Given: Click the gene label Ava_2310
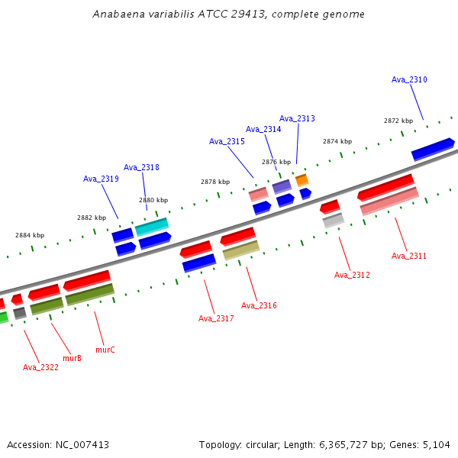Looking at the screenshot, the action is [409, 79].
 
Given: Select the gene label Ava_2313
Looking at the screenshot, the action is [297, 118].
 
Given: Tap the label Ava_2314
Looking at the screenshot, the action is [263, 129].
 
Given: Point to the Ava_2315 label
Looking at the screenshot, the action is [227, 141].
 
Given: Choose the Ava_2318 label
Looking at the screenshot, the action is [141, 167].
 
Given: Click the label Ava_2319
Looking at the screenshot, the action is [101, 179].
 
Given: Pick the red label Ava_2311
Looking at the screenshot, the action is [409, 256].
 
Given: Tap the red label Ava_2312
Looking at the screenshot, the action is [352, 275].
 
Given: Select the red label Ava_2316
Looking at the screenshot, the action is [259, 305].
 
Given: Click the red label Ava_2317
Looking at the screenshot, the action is [216, 318].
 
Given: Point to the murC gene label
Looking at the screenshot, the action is [105, 350].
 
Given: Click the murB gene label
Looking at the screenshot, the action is [72, 357].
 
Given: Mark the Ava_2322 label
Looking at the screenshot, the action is [40, 367].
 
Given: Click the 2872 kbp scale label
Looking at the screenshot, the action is [398, 121].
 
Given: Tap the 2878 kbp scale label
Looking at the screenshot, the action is [215, 182].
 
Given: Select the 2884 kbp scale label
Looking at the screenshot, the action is [30, 235].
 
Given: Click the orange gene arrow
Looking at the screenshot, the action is [302, 180].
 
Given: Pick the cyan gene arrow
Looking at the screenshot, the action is [152, 226].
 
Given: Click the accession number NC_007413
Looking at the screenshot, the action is [79, 444].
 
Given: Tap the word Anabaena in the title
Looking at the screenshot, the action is [114, 14].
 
